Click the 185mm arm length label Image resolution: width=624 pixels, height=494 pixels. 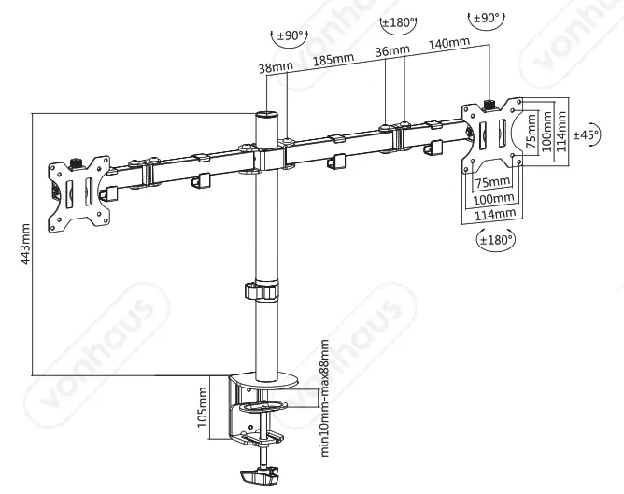click(333, 61)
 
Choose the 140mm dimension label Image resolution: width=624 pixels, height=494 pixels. click(447, 44)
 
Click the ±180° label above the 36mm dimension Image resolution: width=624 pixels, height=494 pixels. click(398, 21)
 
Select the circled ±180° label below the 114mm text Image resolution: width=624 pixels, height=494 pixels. click(494, 240)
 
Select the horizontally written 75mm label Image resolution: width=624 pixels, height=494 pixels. click(491, 181)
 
